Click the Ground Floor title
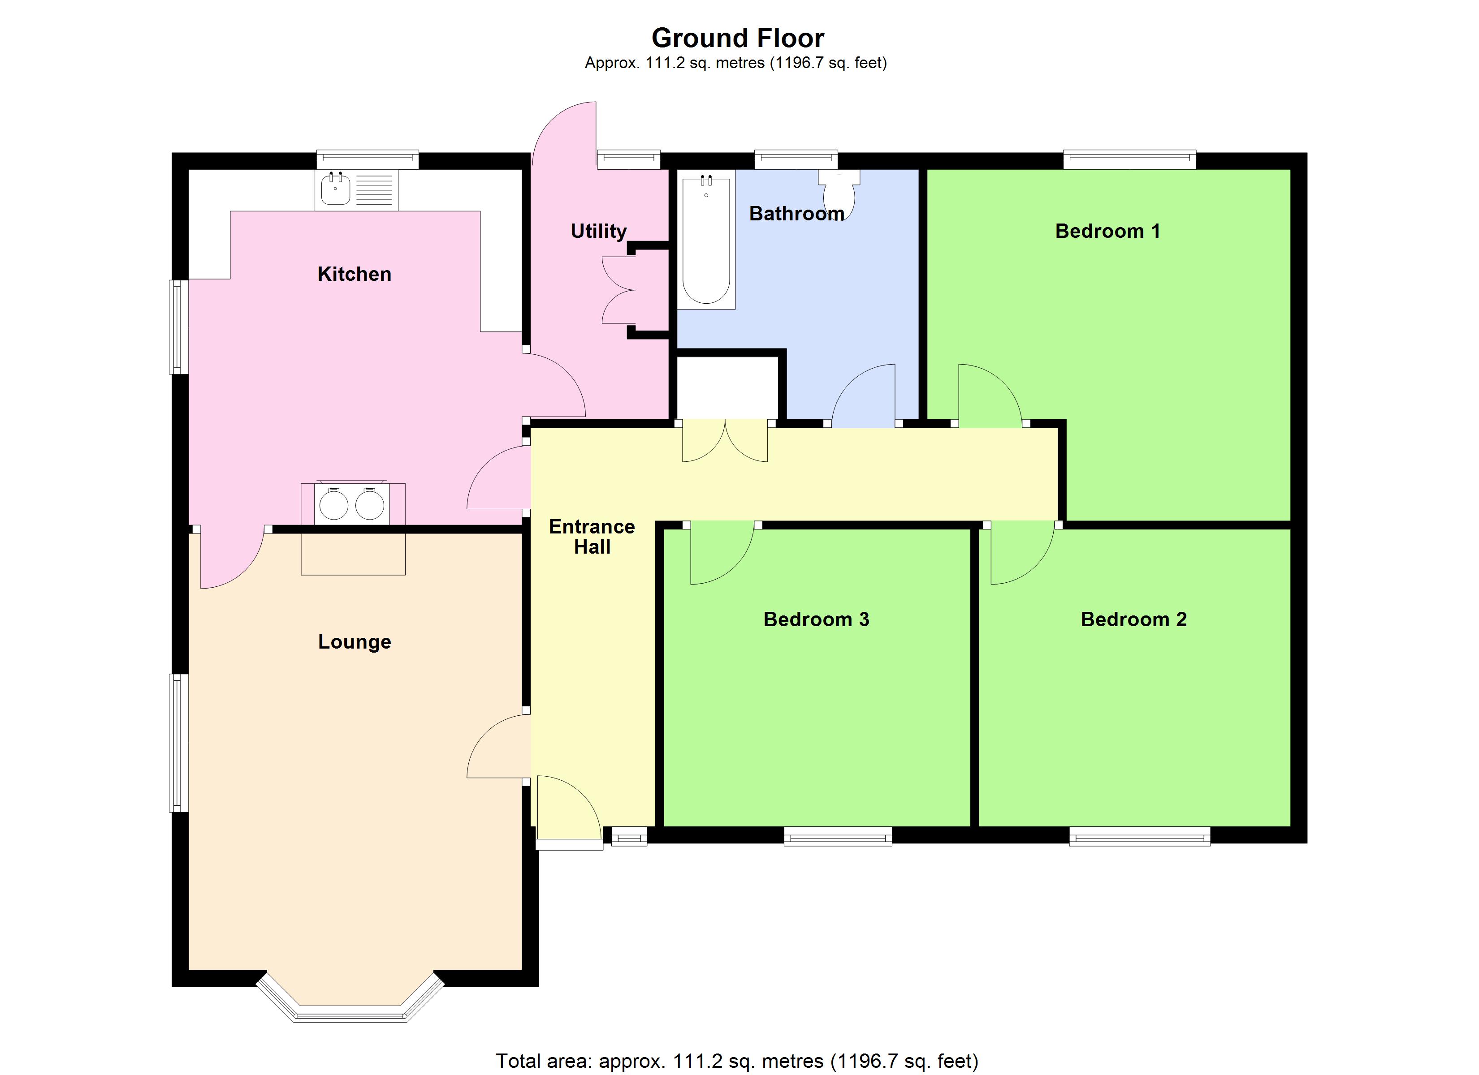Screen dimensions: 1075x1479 (738, 39)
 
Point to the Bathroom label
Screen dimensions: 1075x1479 (796, 213)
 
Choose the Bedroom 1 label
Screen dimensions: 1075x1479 (1107, 231)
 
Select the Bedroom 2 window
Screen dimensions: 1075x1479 (1139, 836)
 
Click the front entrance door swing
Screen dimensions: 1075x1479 (567, 808)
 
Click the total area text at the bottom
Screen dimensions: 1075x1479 (737, 1061)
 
